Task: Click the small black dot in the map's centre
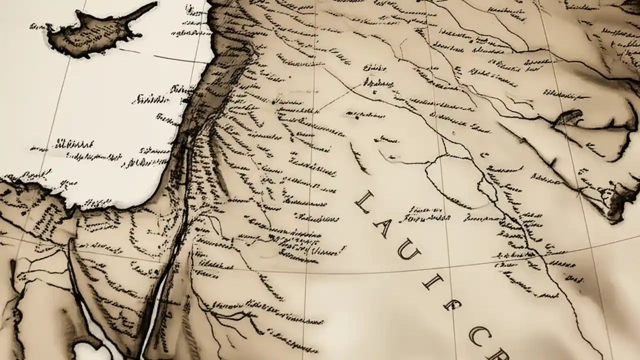pyautogui.click(x=356, y=118)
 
